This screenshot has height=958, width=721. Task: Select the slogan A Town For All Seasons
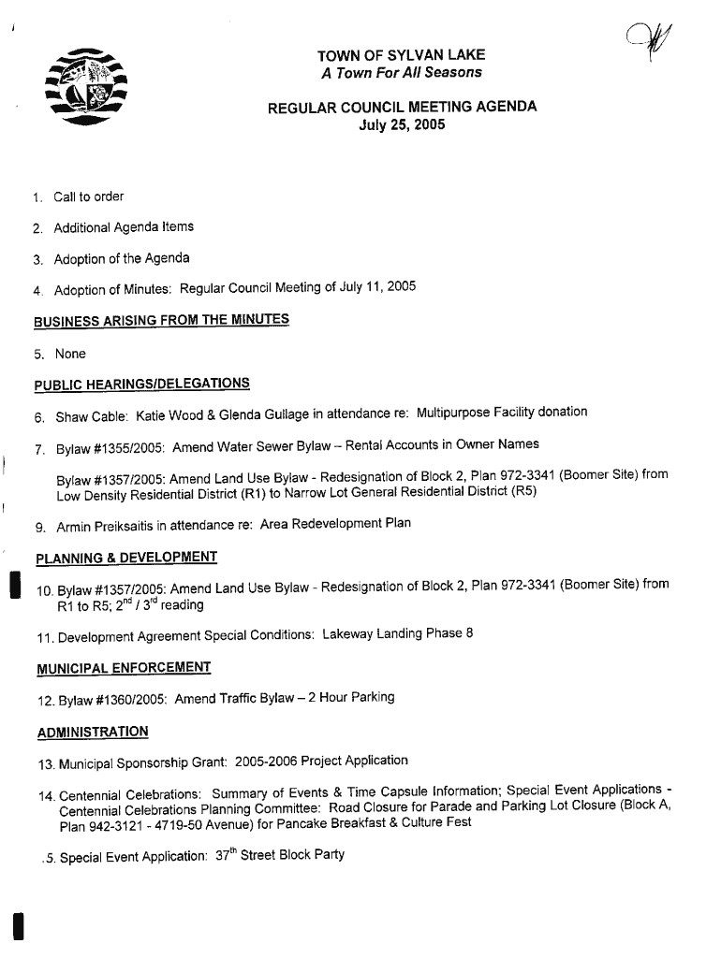tap(401, 73)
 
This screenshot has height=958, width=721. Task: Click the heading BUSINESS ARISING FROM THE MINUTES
tap(161, 321)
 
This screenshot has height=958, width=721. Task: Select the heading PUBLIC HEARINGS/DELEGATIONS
tap(141, 384)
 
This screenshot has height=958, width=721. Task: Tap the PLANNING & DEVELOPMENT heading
tap(125, 559)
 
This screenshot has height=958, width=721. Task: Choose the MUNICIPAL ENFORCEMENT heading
tap(123, 668)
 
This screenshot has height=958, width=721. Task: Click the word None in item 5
tap(70, 354)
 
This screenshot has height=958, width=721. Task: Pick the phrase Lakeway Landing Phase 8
tap(397, 634)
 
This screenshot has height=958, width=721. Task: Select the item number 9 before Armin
tap(41, 527)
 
